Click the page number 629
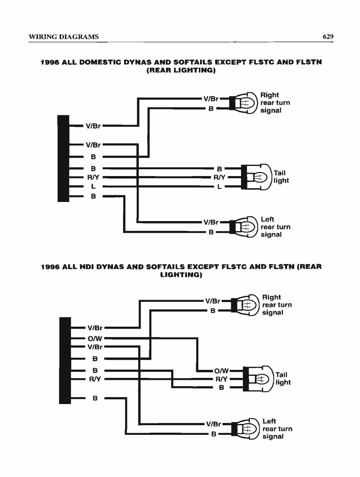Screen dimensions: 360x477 pos(328,36)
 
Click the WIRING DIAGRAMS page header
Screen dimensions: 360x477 pos(64,37)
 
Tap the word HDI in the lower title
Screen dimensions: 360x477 pos(86,267)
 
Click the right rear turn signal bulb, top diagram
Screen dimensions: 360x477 pos(244,103)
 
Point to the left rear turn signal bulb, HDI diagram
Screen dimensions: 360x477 pos(246,429)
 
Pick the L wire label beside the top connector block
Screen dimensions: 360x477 pos(93,186)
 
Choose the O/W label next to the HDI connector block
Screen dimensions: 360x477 pos(95,339)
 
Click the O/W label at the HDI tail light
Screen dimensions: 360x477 pos(221,371)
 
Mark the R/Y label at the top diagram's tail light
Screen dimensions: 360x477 pos(219,177)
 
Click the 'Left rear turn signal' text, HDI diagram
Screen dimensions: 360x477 pos(277,429)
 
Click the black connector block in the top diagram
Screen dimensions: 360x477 pos(63,158)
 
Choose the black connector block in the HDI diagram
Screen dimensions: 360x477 pos(65,360)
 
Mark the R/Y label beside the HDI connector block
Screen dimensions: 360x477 pos(95,379)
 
